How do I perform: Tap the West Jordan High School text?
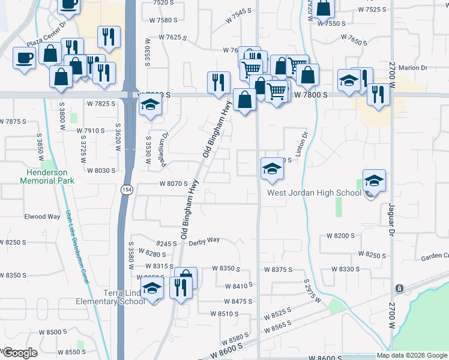pyautogui.click(x=314, y=193)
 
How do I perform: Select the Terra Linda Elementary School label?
pyautogui.click(x=110, y=296)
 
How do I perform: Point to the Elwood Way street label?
pyautogui.click(x=42, y=217)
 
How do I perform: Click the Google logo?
pyautogui.click(x=20, y=353)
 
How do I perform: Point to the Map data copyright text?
pyautogui.click(x=412, y=355)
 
